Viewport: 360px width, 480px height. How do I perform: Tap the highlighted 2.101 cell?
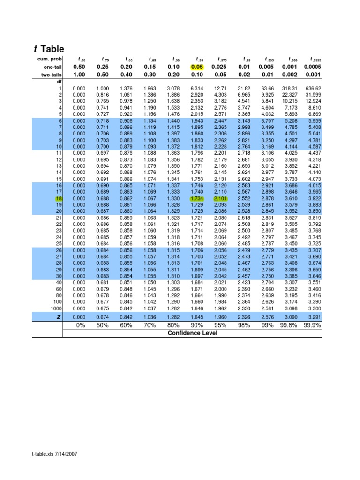tap(220, 198)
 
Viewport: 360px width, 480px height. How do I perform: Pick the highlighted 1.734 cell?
tap(197, 198)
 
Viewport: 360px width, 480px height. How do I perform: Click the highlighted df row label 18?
tap(58, 198)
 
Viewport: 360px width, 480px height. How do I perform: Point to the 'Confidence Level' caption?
tap(193, 333)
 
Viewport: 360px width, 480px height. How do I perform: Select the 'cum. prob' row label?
tap(50, 59)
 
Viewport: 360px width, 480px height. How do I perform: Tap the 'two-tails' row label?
tap(51, 75)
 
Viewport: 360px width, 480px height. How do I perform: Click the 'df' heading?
tap(59, 82)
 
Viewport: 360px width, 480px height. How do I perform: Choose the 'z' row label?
tap(59, 317)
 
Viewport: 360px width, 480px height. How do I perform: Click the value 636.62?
tap(313, 88)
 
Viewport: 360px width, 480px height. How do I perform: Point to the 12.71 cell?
tap(220, 88)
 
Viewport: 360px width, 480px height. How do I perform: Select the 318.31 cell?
tap(290, 88)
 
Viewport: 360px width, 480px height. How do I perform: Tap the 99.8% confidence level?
tap(289, 325)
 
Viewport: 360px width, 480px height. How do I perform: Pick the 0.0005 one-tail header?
tap(312, 67)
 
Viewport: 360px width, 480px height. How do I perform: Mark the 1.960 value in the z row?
tap(220, 317)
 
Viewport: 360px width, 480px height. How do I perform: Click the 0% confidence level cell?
tap(80, 325)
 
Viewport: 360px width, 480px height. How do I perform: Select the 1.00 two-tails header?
tap(80, 75)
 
